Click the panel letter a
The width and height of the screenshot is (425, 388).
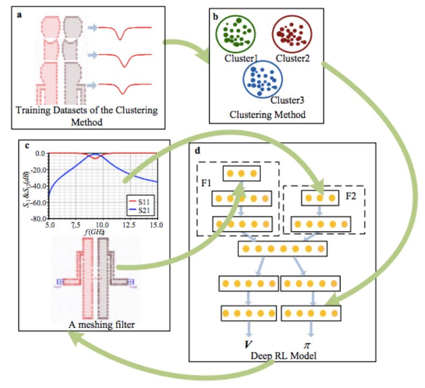[19, 14]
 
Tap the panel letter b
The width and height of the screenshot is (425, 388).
[216, 16]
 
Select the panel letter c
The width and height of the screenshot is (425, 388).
[27, 145]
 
